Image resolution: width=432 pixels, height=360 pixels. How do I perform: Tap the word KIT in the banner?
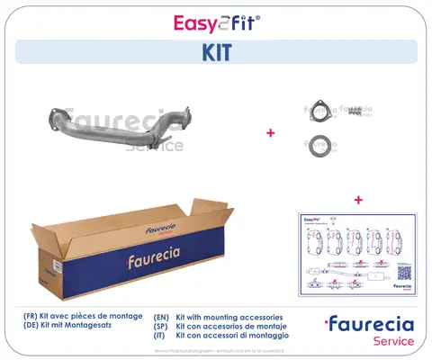click(215, 52)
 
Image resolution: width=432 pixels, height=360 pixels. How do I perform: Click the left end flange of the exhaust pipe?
click(55, 114)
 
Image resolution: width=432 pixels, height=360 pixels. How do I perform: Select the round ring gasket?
click(318, 144)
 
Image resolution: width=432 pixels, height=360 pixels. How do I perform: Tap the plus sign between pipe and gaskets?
click(270, 133)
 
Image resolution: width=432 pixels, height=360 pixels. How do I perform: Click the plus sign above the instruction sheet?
click(358, 199)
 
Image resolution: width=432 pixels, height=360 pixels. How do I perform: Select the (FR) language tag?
click(32, 318)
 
